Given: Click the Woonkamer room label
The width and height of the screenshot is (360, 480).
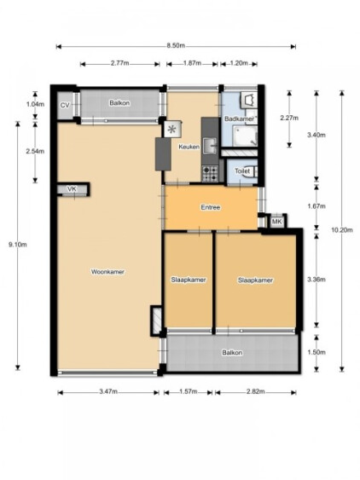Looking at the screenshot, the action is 107,271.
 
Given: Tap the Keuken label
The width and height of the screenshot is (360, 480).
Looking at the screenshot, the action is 189,147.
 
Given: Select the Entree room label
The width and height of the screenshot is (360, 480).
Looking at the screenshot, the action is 211,207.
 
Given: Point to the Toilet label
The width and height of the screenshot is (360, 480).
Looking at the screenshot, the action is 242,171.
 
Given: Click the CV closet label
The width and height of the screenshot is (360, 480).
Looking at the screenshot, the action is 65,106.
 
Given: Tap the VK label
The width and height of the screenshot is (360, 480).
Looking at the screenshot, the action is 72,189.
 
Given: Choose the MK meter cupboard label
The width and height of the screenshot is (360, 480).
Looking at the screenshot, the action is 276,222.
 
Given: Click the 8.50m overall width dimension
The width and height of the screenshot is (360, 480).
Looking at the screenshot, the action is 176,46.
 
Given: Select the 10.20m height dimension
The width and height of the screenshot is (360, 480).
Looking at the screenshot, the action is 342,230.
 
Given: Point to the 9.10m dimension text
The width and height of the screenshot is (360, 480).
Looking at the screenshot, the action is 18,245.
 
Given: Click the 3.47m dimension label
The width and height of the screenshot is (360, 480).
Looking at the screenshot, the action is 108,391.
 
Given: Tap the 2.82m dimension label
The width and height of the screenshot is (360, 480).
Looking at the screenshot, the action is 256,391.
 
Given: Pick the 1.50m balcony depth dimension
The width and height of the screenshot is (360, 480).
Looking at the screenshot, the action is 316,352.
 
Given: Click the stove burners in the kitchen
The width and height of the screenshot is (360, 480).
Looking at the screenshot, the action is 210,173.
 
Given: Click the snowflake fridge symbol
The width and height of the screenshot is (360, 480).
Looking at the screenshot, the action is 172,130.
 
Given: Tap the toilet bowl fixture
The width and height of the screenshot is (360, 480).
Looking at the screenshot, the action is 253,171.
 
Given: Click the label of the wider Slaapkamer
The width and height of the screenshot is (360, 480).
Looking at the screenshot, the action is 255,280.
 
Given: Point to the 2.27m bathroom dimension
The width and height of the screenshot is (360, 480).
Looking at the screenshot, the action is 289,118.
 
